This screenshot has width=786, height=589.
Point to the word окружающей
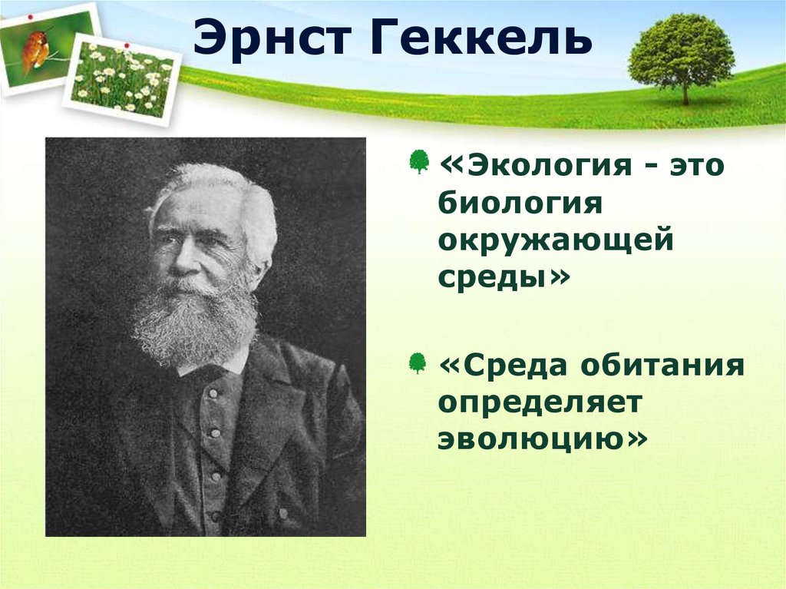[x=556, y=241]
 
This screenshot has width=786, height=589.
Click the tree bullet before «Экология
[x=419, y=162]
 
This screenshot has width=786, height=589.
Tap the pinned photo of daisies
[x=123, y=80]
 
